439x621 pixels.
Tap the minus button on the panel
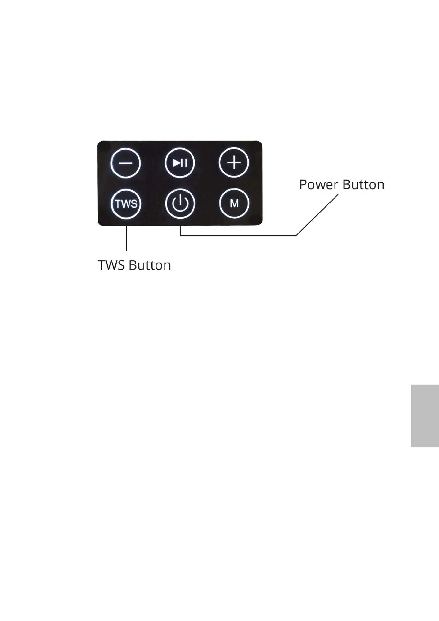click(x=126, y=163)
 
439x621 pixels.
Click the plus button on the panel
click(x=234, y=163)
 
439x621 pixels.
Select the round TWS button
click(x=126, y=204)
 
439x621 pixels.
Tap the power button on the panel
click(x=180, y=204)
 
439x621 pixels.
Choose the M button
click(x=234, y=204)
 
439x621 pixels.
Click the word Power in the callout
click(x=318, y=184)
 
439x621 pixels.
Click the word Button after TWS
click(x=150, y=266)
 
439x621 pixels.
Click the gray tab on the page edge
click(x=425, y=416)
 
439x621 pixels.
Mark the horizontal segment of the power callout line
click(x=236, y=235)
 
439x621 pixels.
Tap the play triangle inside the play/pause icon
click(x=177, y=163)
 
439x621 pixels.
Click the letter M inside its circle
click(x=234, y=204)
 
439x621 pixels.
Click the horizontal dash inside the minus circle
click(x=126, y=163)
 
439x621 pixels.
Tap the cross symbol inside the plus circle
click(x=234, y=163)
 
